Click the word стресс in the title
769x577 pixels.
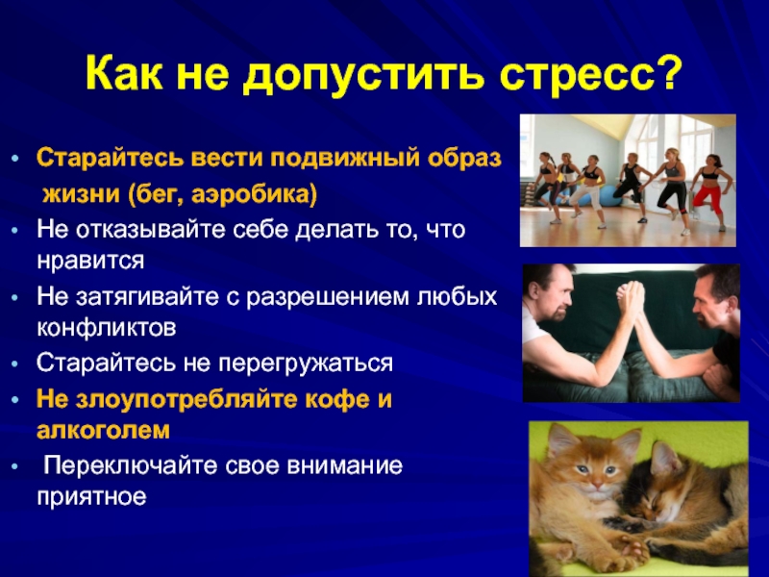(x=575, y=74)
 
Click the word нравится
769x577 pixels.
(x=90, y=261)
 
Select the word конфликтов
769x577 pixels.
(x=107, y=328)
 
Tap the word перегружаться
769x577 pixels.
(x=306, y=364)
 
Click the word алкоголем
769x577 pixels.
(x=103, y=430)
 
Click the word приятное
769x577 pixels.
(x=91, y=497)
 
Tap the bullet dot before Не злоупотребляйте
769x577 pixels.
(x=16, y=400)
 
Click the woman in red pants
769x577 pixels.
(x=710, y=188)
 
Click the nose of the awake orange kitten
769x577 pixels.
(x=596, y=484)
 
